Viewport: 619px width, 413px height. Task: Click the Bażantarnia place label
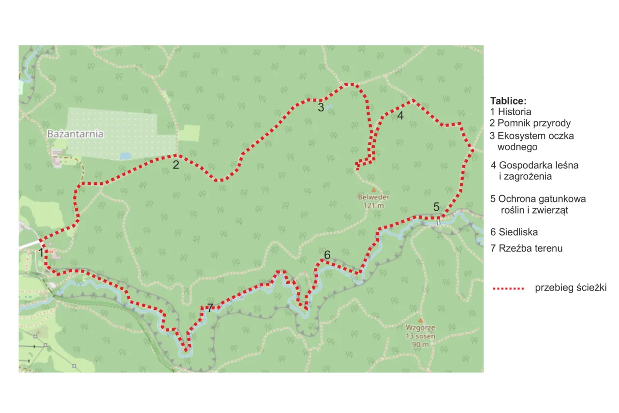point(75,134)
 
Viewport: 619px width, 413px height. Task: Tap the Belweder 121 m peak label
point(374,201)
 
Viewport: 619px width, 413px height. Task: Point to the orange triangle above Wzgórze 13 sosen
point(420,320)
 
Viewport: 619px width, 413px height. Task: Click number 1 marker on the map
point(42,253)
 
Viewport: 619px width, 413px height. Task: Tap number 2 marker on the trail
point(176,165)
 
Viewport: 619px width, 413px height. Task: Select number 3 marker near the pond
point(321,107)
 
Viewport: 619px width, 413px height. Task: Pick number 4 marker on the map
point(400,116)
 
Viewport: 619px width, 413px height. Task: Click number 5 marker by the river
point(436,207)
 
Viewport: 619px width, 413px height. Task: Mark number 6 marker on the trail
point(327,255)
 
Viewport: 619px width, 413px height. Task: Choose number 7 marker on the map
point(209,307)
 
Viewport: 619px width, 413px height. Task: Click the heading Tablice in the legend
point(508,101)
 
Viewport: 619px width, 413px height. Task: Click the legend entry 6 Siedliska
point(514,232)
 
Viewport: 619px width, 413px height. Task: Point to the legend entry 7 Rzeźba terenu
point(527,249)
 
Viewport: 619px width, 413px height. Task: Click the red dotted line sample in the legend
point(509,289)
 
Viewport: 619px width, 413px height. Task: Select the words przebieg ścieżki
point(570,288)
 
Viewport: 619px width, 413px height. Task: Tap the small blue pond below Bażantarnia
point(125,156)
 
